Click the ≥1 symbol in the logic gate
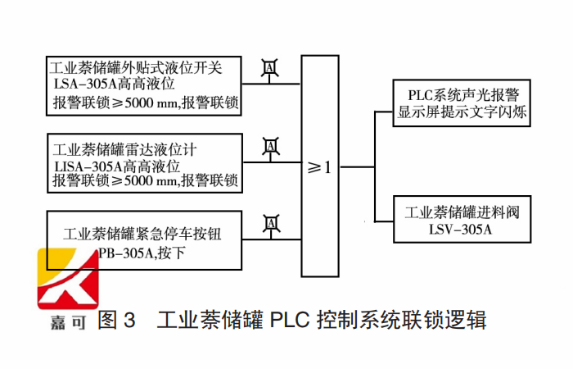(x=319, y=167)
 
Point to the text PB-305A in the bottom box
(x=125, y=253)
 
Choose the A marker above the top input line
(x=269, y=66)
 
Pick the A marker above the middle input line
(x=269, y=146)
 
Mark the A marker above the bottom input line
(x=269, y=221)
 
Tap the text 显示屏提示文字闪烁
(x=462, y=113)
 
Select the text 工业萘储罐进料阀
(x=462, y=212)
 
